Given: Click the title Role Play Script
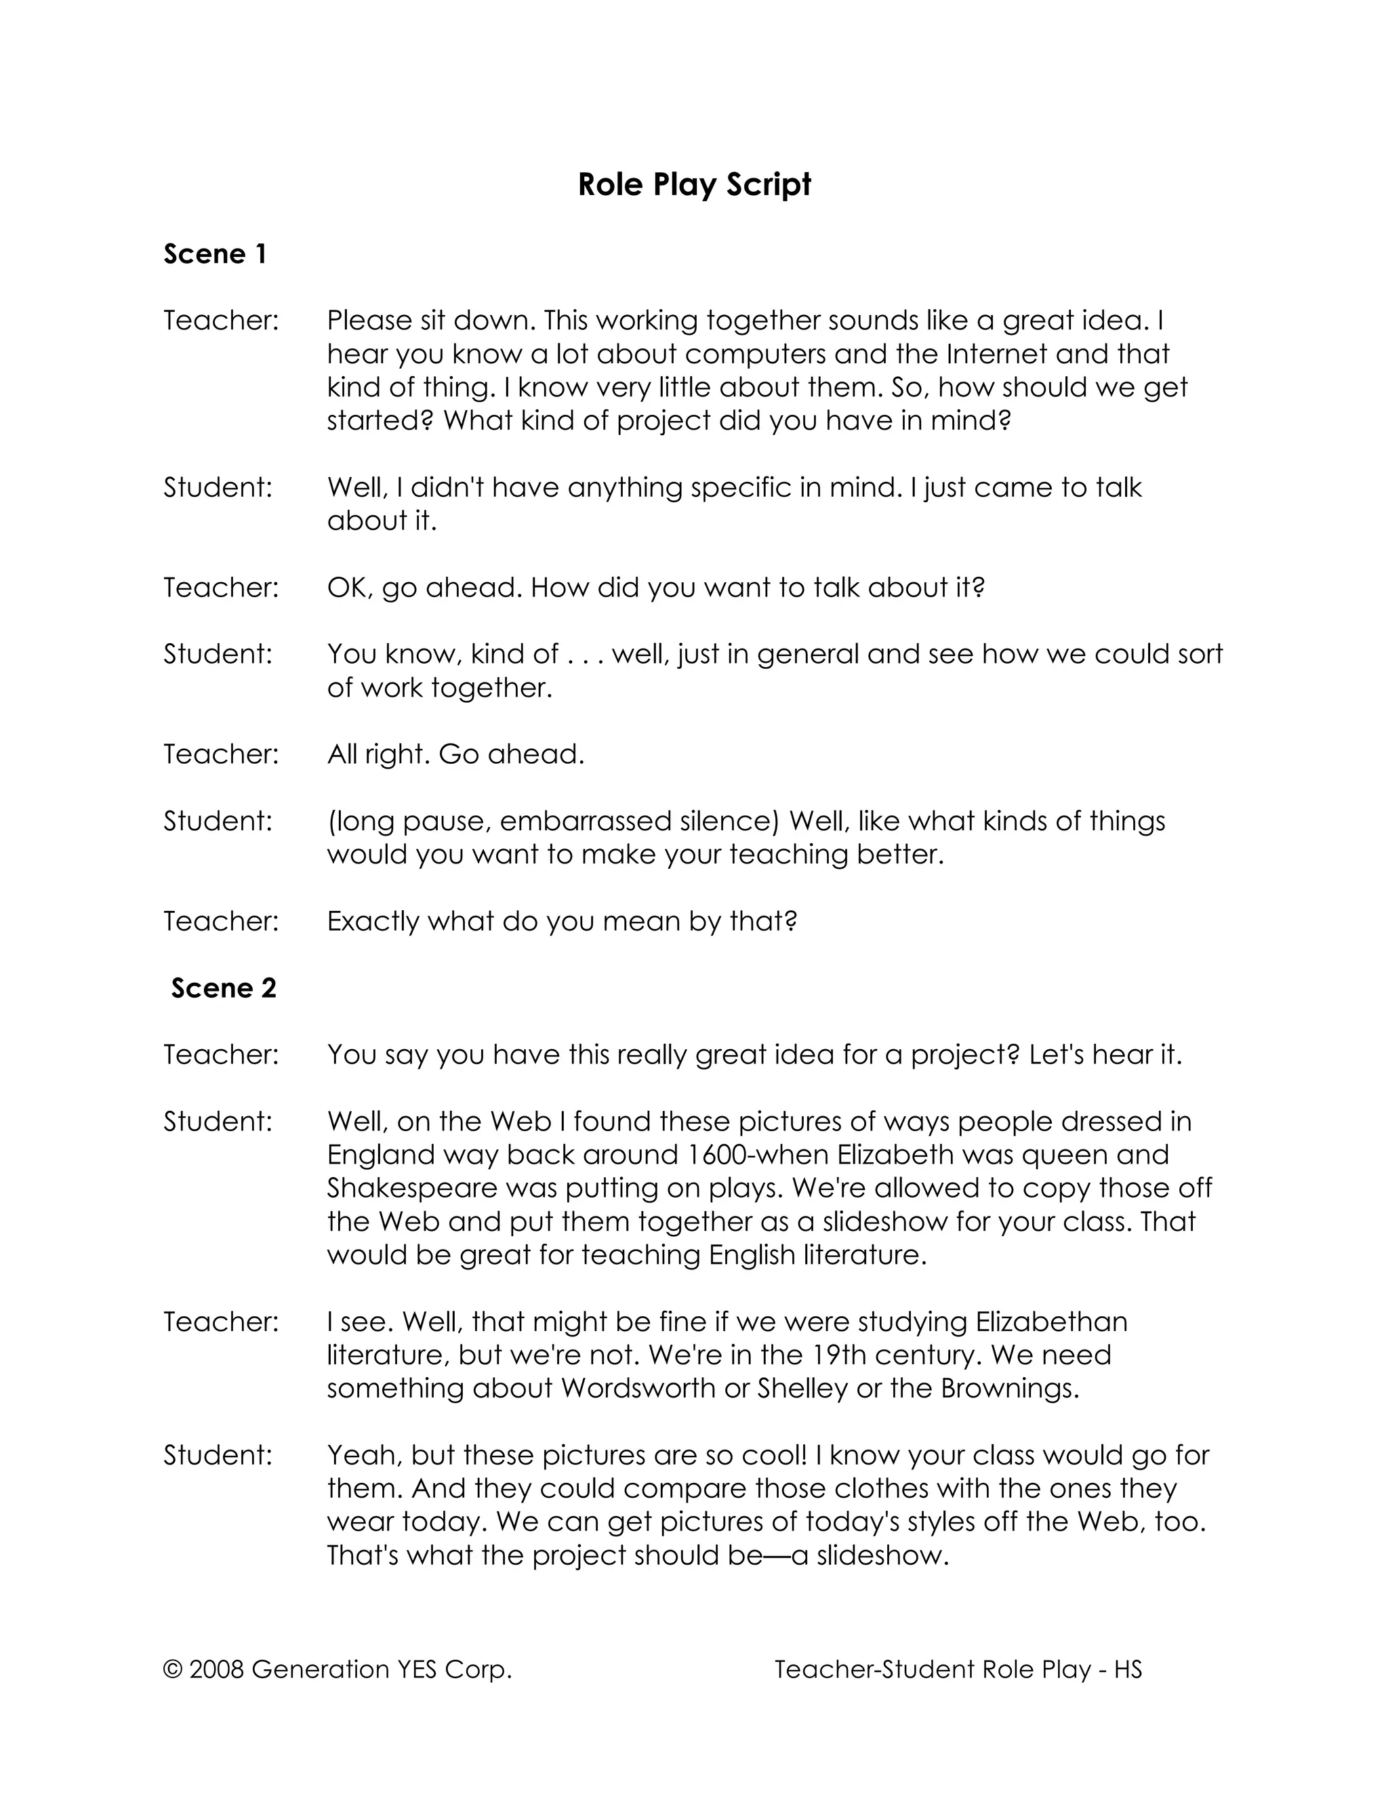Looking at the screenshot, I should coord(694,185).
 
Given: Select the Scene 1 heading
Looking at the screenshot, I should coord(215,254).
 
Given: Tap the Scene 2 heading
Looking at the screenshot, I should coord(224,987).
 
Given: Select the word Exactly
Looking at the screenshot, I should coord(373,921).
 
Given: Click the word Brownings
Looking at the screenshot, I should coord(1008,1388).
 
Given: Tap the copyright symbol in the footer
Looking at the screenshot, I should coord(173,1669).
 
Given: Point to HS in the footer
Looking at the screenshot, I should coord(1128,1669).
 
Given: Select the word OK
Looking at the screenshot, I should coord(348,588).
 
